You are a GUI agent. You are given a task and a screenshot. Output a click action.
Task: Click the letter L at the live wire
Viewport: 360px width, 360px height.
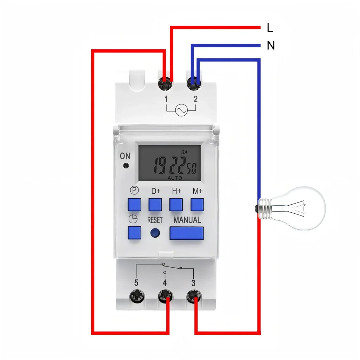(270, 28)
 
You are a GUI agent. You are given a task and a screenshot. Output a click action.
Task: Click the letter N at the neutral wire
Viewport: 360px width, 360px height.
(270, 46)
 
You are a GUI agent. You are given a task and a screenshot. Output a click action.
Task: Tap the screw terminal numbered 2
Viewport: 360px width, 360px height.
(194, 84)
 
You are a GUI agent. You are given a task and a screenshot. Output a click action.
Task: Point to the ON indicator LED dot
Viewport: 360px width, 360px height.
(125, 166)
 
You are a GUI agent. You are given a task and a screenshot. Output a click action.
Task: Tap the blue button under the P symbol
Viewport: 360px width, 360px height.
(134, 205)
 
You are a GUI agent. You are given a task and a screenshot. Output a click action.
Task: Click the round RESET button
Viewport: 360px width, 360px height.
(155, 232)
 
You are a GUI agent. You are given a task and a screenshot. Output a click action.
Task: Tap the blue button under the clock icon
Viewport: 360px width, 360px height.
(134, 232)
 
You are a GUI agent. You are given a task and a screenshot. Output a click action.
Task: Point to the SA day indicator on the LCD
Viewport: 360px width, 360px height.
(184, 152)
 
